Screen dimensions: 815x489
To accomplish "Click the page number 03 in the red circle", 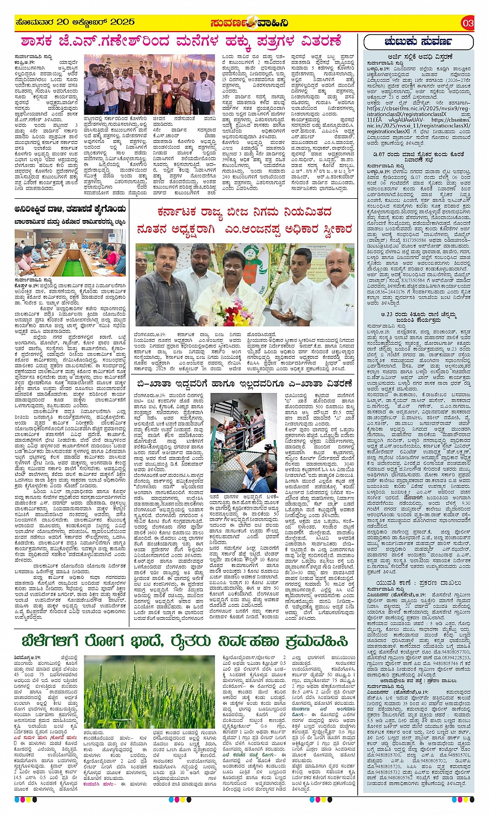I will [x=467, y=23].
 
